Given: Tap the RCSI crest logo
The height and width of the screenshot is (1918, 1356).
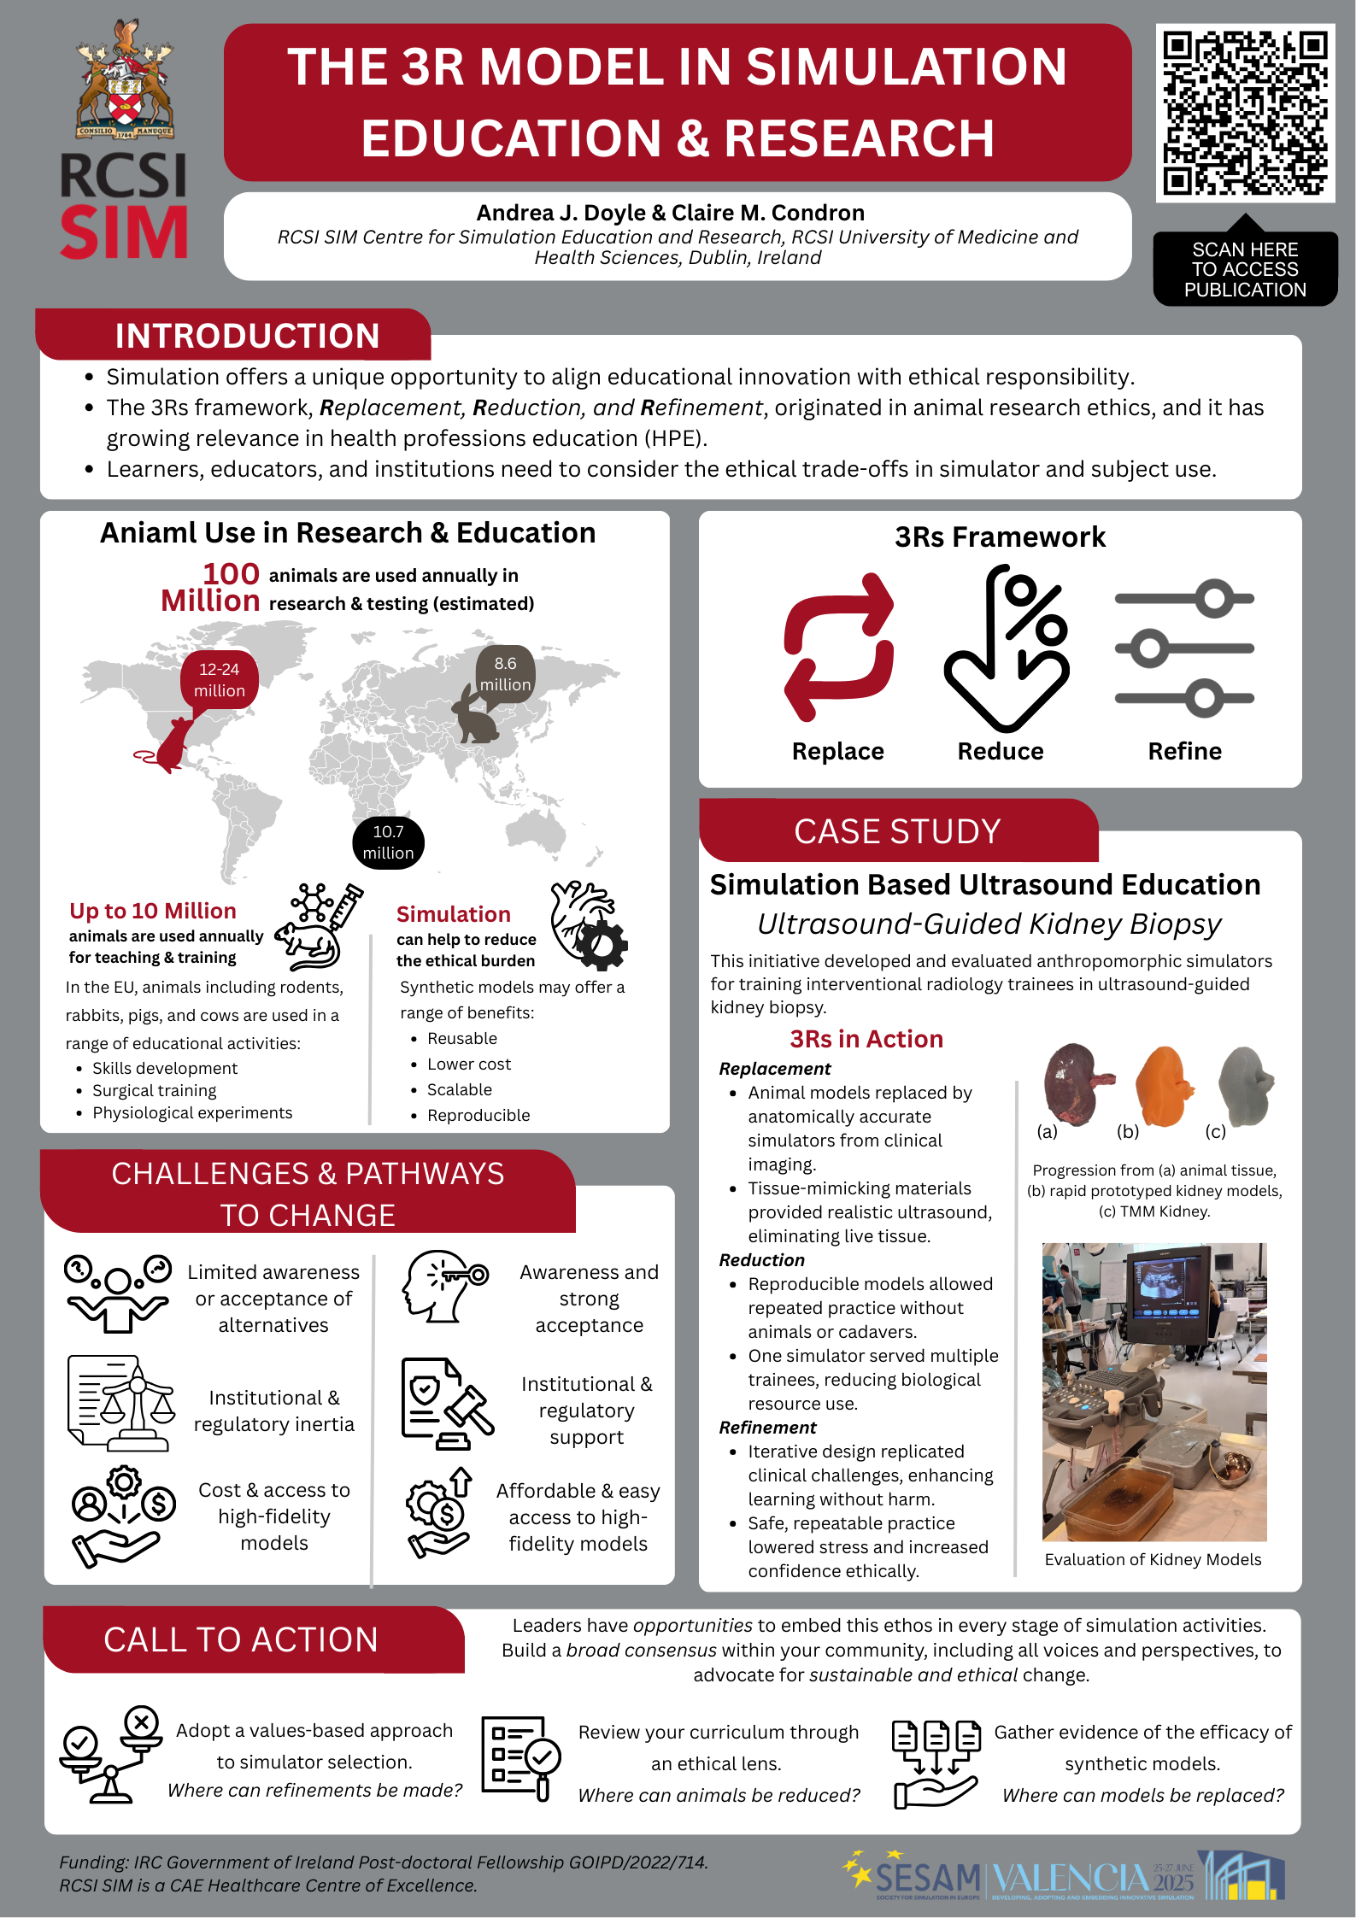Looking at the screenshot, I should (x=126, y=81).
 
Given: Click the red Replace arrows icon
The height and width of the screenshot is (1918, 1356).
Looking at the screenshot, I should (x=838, y=647).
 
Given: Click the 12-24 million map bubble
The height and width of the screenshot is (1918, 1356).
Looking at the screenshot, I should (x=220, y=680).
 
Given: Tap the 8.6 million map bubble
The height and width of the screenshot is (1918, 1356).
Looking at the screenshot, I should (x=505, y=674).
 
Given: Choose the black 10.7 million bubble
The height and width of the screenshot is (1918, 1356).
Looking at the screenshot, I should (x=388, y=842).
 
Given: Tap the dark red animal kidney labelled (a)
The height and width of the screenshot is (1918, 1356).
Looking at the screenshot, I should (x=1074, y=1082).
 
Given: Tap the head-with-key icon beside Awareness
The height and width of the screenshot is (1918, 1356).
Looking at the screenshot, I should (x=444, y=1287).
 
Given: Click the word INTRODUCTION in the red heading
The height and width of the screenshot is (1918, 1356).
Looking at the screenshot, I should (x=247, y=336).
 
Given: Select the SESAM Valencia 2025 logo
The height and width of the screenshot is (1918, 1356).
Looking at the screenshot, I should (x=1063, y=1876).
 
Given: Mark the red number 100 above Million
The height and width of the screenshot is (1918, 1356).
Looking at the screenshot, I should (x=231, y=574).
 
